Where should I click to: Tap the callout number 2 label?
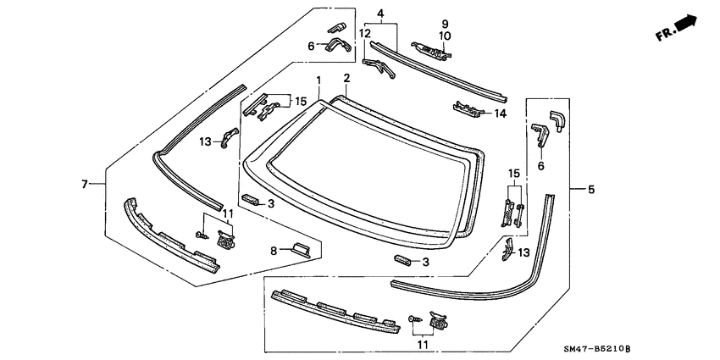tap(346, 78)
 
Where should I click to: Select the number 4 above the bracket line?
tap(380, 14)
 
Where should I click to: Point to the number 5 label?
tap(590, 189)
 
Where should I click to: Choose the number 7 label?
tap(84, 183)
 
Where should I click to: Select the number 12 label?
tap(364, 33)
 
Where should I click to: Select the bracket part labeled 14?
tap(468, 108)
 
